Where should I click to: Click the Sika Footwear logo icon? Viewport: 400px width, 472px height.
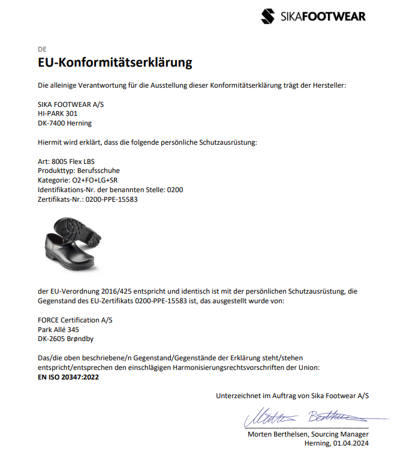coord(269,16)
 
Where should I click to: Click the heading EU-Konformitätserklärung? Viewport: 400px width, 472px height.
coord(115,62)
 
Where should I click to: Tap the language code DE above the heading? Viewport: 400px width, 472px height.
coord(41,49)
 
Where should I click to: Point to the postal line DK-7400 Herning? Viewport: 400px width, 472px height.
coord(65,123)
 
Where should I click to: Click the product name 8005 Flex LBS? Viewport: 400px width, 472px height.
coord(73,162)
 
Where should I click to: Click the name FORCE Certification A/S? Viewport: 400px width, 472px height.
coord(75,320)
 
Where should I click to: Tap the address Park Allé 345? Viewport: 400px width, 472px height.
coord(58,330)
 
